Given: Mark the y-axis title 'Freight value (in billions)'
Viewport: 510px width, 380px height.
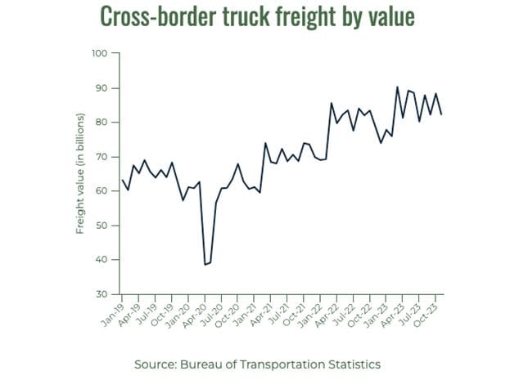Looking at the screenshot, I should click(x=80, y=173).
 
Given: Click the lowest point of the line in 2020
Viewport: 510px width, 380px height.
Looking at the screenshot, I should click(x=205, y=265).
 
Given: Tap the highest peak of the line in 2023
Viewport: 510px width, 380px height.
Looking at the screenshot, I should click(x=397, y=87).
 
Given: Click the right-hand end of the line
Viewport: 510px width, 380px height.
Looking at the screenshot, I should click(x=442, y=114).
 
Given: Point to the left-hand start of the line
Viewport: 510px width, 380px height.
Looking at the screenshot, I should click(x=122, y=180).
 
